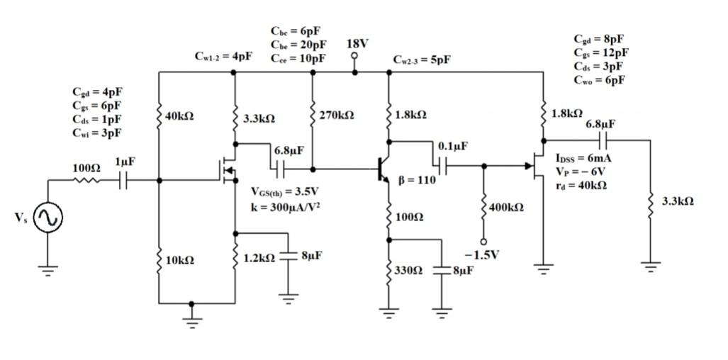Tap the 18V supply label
click(x=357, y=44)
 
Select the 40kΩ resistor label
click(x=178, y=117)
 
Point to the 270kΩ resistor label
click(x=337, y=115)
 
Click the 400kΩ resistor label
click(x=506, y=207)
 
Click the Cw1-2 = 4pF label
click(x=223, y=56)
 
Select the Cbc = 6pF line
click(x=295, y=31)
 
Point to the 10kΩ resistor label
click(x=178, y=260)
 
